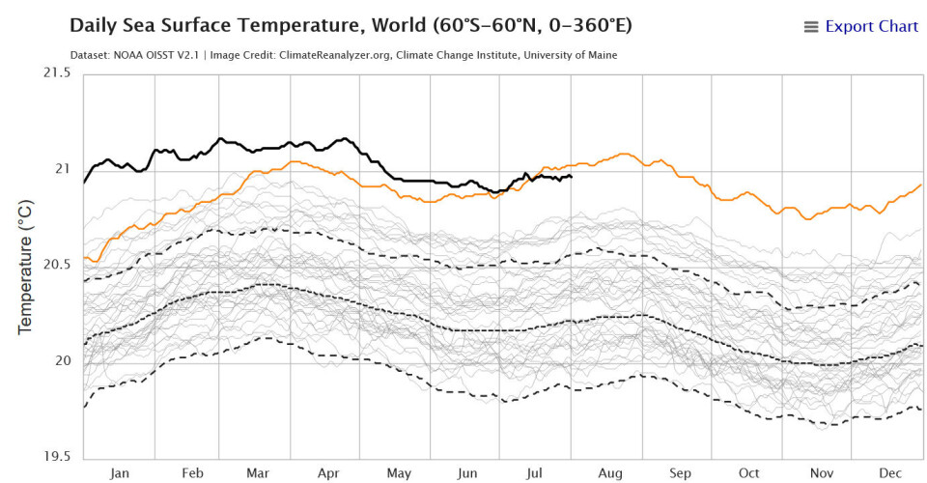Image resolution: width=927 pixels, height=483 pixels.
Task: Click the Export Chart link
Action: click(871, 26)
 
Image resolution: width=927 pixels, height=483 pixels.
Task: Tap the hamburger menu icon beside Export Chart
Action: click(811, 27)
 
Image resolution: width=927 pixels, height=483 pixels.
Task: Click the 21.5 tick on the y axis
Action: click(55, 73)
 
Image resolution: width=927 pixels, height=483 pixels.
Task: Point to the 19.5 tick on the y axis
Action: click(55, 458)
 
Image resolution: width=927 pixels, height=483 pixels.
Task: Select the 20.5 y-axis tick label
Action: click(55, 266)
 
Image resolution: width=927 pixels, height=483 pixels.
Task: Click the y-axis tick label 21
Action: click(63, 170)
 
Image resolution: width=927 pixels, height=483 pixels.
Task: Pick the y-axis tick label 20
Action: click(63, 361)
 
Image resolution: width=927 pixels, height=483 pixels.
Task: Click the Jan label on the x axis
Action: click(120, 474)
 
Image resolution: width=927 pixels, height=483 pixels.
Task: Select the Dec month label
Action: click(890, 474)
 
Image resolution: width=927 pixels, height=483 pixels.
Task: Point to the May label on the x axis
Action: click(399, 474)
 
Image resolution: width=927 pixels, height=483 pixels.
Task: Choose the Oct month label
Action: click(749, 474)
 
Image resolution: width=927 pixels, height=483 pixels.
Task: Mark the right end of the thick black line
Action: click(573, 176)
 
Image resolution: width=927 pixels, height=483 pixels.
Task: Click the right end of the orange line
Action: click(921, 185)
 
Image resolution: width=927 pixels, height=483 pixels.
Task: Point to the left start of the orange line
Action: click(85, 258)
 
